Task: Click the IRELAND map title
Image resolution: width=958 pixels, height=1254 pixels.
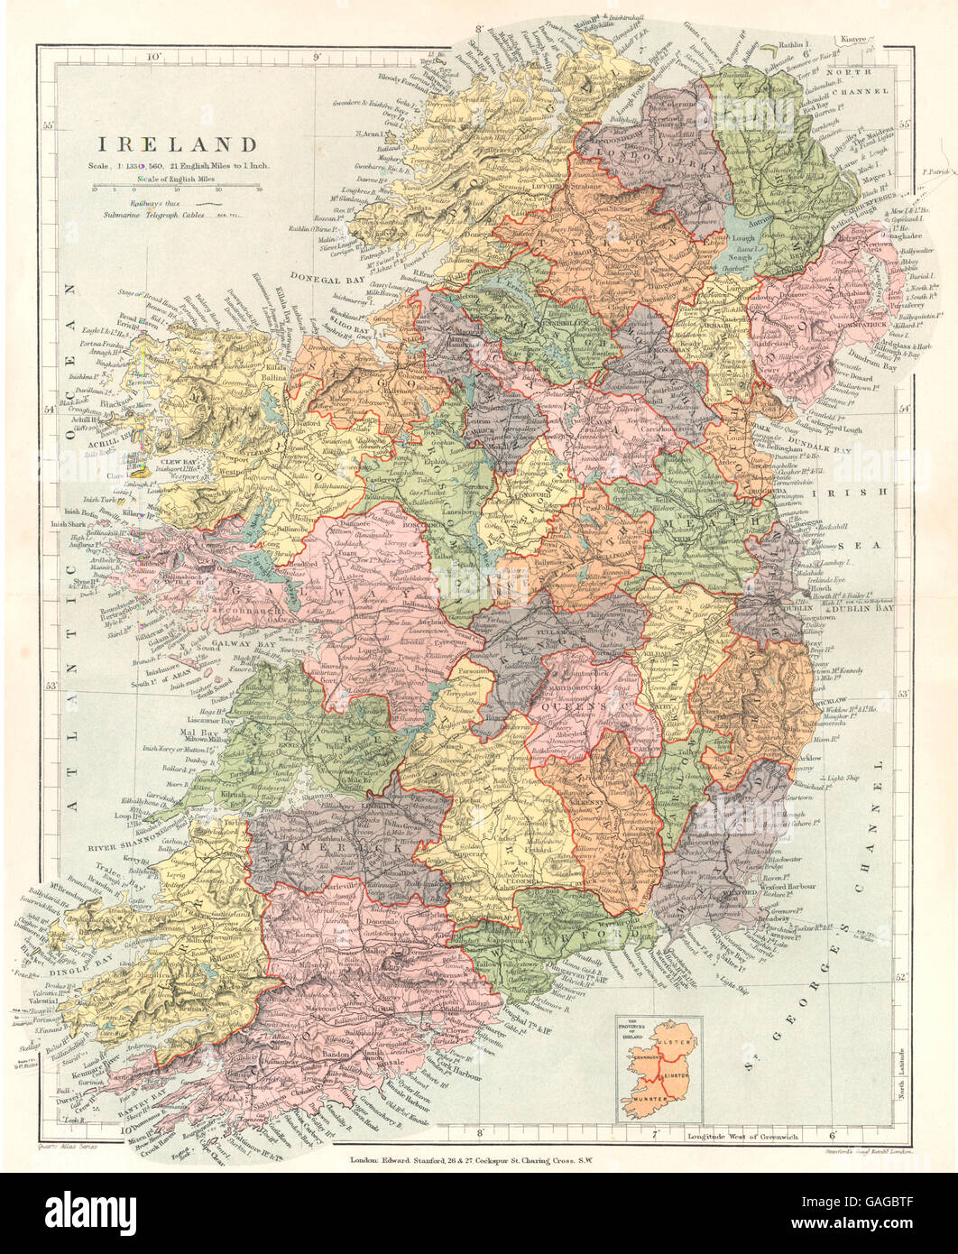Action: click(178, 144)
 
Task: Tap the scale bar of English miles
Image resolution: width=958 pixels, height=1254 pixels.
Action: click(176, 190)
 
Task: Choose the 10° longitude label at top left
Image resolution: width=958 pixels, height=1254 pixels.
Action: click(155, 57)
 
